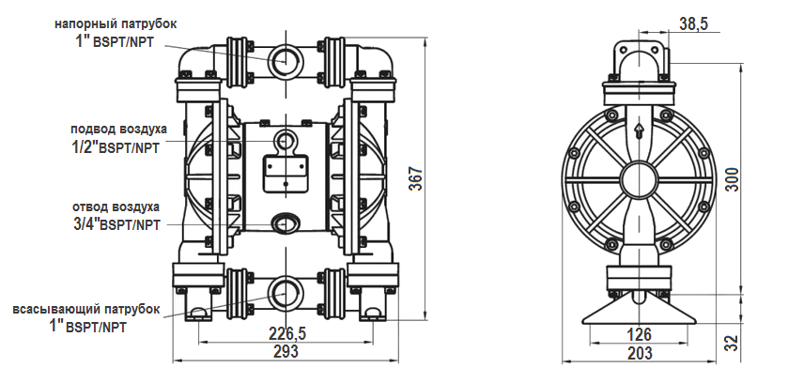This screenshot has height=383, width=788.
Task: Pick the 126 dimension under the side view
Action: point(639,333)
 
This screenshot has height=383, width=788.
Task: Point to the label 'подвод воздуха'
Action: point(118,129)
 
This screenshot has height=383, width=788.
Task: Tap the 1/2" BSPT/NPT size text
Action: point(116,147)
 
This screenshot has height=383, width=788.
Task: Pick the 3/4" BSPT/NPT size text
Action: point(116,224)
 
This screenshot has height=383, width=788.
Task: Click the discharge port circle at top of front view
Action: point(285,60)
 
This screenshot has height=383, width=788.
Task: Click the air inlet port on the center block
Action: point(285,141)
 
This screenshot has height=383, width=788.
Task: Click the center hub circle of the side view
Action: point(639,177)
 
